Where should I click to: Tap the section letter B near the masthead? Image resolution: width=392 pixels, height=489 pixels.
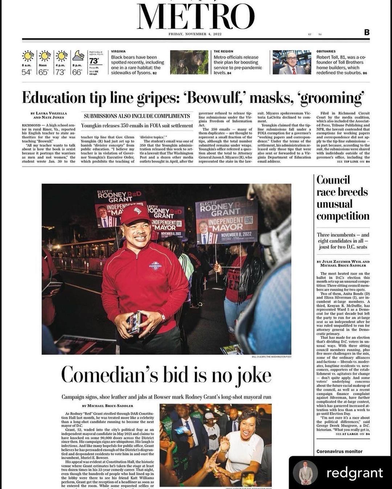[x=367, y=32]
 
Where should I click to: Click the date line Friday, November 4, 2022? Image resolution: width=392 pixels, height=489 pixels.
[x=195, y=34]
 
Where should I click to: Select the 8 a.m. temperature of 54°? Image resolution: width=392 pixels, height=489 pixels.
[x=26, y=72]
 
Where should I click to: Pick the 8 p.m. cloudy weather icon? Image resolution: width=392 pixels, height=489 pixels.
[x=78, y=56]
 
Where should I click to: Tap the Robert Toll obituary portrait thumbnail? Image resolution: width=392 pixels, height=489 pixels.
[x=291, y=62]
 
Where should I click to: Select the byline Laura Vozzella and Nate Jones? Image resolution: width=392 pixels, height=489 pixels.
[x=49, y=115]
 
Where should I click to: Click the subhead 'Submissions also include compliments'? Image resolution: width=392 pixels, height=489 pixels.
[x=137, y=116]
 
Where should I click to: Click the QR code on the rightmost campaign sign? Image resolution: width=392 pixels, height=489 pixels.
[x=248, y=220]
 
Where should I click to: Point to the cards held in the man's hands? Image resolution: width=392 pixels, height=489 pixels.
[x=135, y=322]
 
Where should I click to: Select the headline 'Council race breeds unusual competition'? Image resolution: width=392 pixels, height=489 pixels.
[x=342, y=198]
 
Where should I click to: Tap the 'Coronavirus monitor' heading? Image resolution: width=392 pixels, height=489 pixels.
[x=339, y=451]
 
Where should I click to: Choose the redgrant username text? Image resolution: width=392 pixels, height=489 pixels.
[x=355, y=473]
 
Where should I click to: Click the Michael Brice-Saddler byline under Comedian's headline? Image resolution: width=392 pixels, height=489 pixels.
[x=107, y=406]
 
